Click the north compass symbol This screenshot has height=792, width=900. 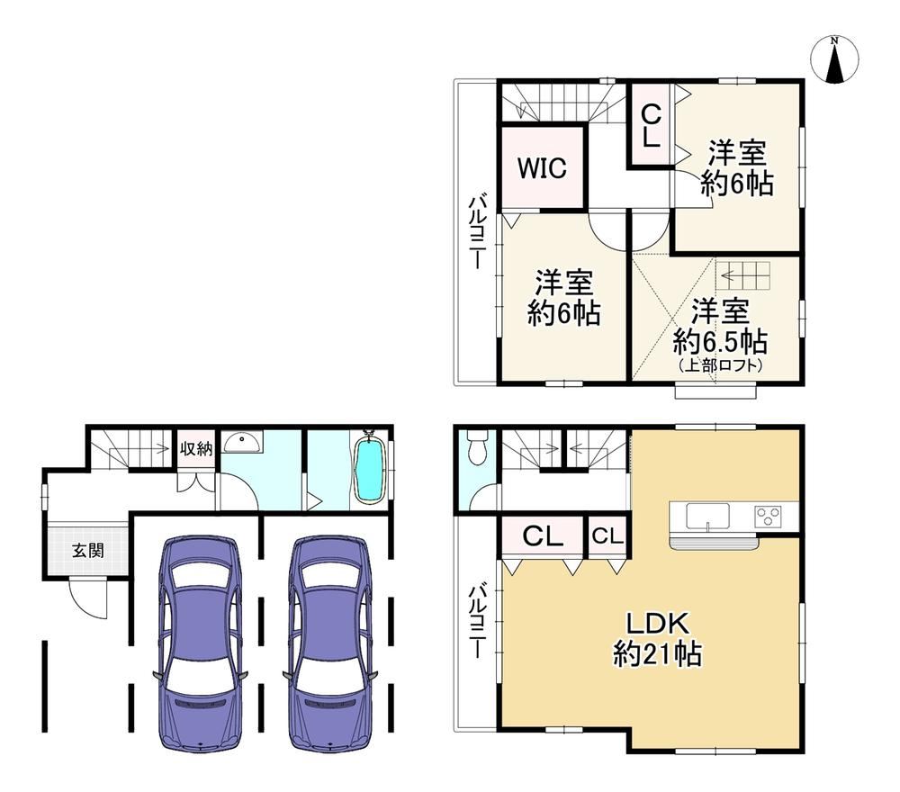pos(835,59)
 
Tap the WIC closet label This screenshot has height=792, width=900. pos(542,168)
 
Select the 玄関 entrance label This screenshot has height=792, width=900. pos(88,551)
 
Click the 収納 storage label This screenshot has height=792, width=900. pos(196,448)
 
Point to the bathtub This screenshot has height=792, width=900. pos(370,470)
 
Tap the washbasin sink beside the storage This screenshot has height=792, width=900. pos(241,442)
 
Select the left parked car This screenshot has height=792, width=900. pos(199,643)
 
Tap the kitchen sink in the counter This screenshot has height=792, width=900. pos(707,516)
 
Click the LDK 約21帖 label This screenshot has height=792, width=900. pos(657,638)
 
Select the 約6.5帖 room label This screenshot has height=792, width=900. pos(720,342)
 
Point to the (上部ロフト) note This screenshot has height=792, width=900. pos(720,365)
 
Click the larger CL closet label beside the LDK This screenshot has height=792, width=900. pos(542,537)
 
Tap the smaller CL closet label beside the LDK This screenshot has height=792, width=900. pos(607,536)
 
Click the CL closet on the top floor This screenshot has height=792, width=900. pos(651,125)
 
